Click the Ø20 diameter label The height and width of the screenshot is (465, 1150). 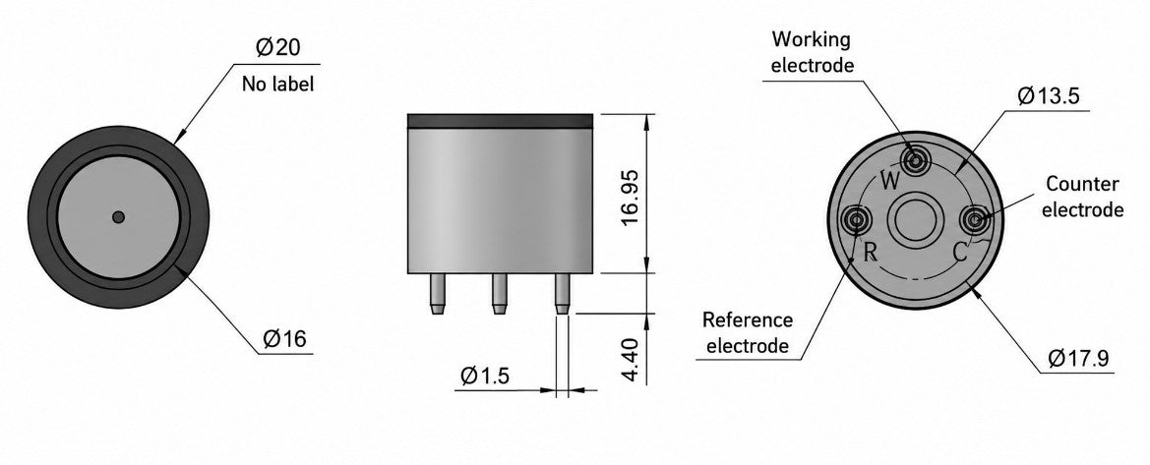click(278, 48)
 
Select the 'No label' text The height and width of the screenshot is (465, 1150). click(278, 85)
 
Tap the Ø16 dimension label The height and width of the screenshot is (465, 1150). click(284, 338)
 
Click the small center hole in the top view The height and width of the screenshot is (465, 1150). click(118, 216)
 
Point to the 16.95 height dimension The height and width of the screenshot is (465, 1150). click(632, 198)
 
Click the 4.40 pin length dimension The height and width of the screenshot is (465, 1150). click(632, 360)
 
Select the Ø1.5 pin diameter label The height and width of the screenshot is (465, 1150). click(485, 376)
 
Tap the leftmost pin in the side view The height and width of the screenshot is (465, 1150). click(437, 293)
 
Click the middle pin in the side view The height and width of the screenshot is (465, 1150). click(500, 293)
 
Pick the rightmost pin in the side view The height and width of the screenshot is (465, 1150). click(562, 293)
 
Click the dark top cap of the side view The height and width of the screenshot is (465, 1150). click(500, 121)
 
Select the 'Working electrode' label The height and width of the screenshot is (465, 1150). click(813, 51)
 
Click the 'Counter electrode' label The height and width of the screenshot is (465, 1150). click(1082, 197)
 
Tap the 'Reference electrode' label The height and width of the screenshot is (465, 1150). click(748, 332)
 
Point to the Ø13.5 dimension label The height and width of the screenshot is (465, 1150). click(1049, 96)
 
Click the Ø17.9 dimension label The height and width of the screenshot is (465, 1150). click(1078, 359)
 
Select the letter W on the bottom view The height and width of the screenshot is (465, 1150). click(889, 181)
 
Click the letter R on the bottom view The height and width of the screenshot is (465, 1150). click(871, 253)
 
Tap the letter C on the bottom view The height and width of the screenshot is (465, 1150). click(960, 253)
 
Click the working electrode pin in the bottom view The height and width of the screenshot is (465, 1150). click(915, 159)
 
